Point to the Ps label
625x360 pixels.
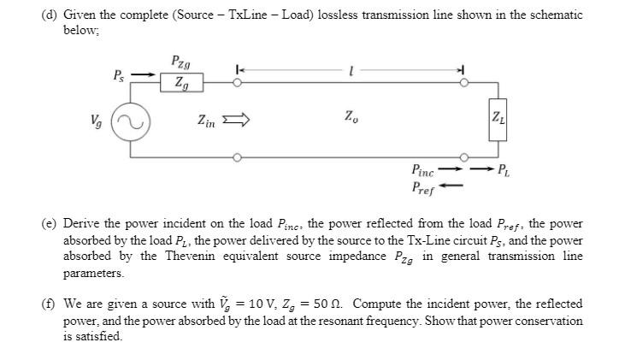tap(120, 74)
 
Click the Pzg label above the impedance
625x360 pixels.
tap(180, 62)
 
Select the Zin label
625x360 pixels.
tap(207, 121)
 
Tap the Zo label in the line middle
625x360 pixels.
tap(351, 115)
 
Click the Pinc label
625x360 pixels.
tap(427, 170)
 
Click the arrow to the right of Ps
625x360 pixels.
tap(145, 74)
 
